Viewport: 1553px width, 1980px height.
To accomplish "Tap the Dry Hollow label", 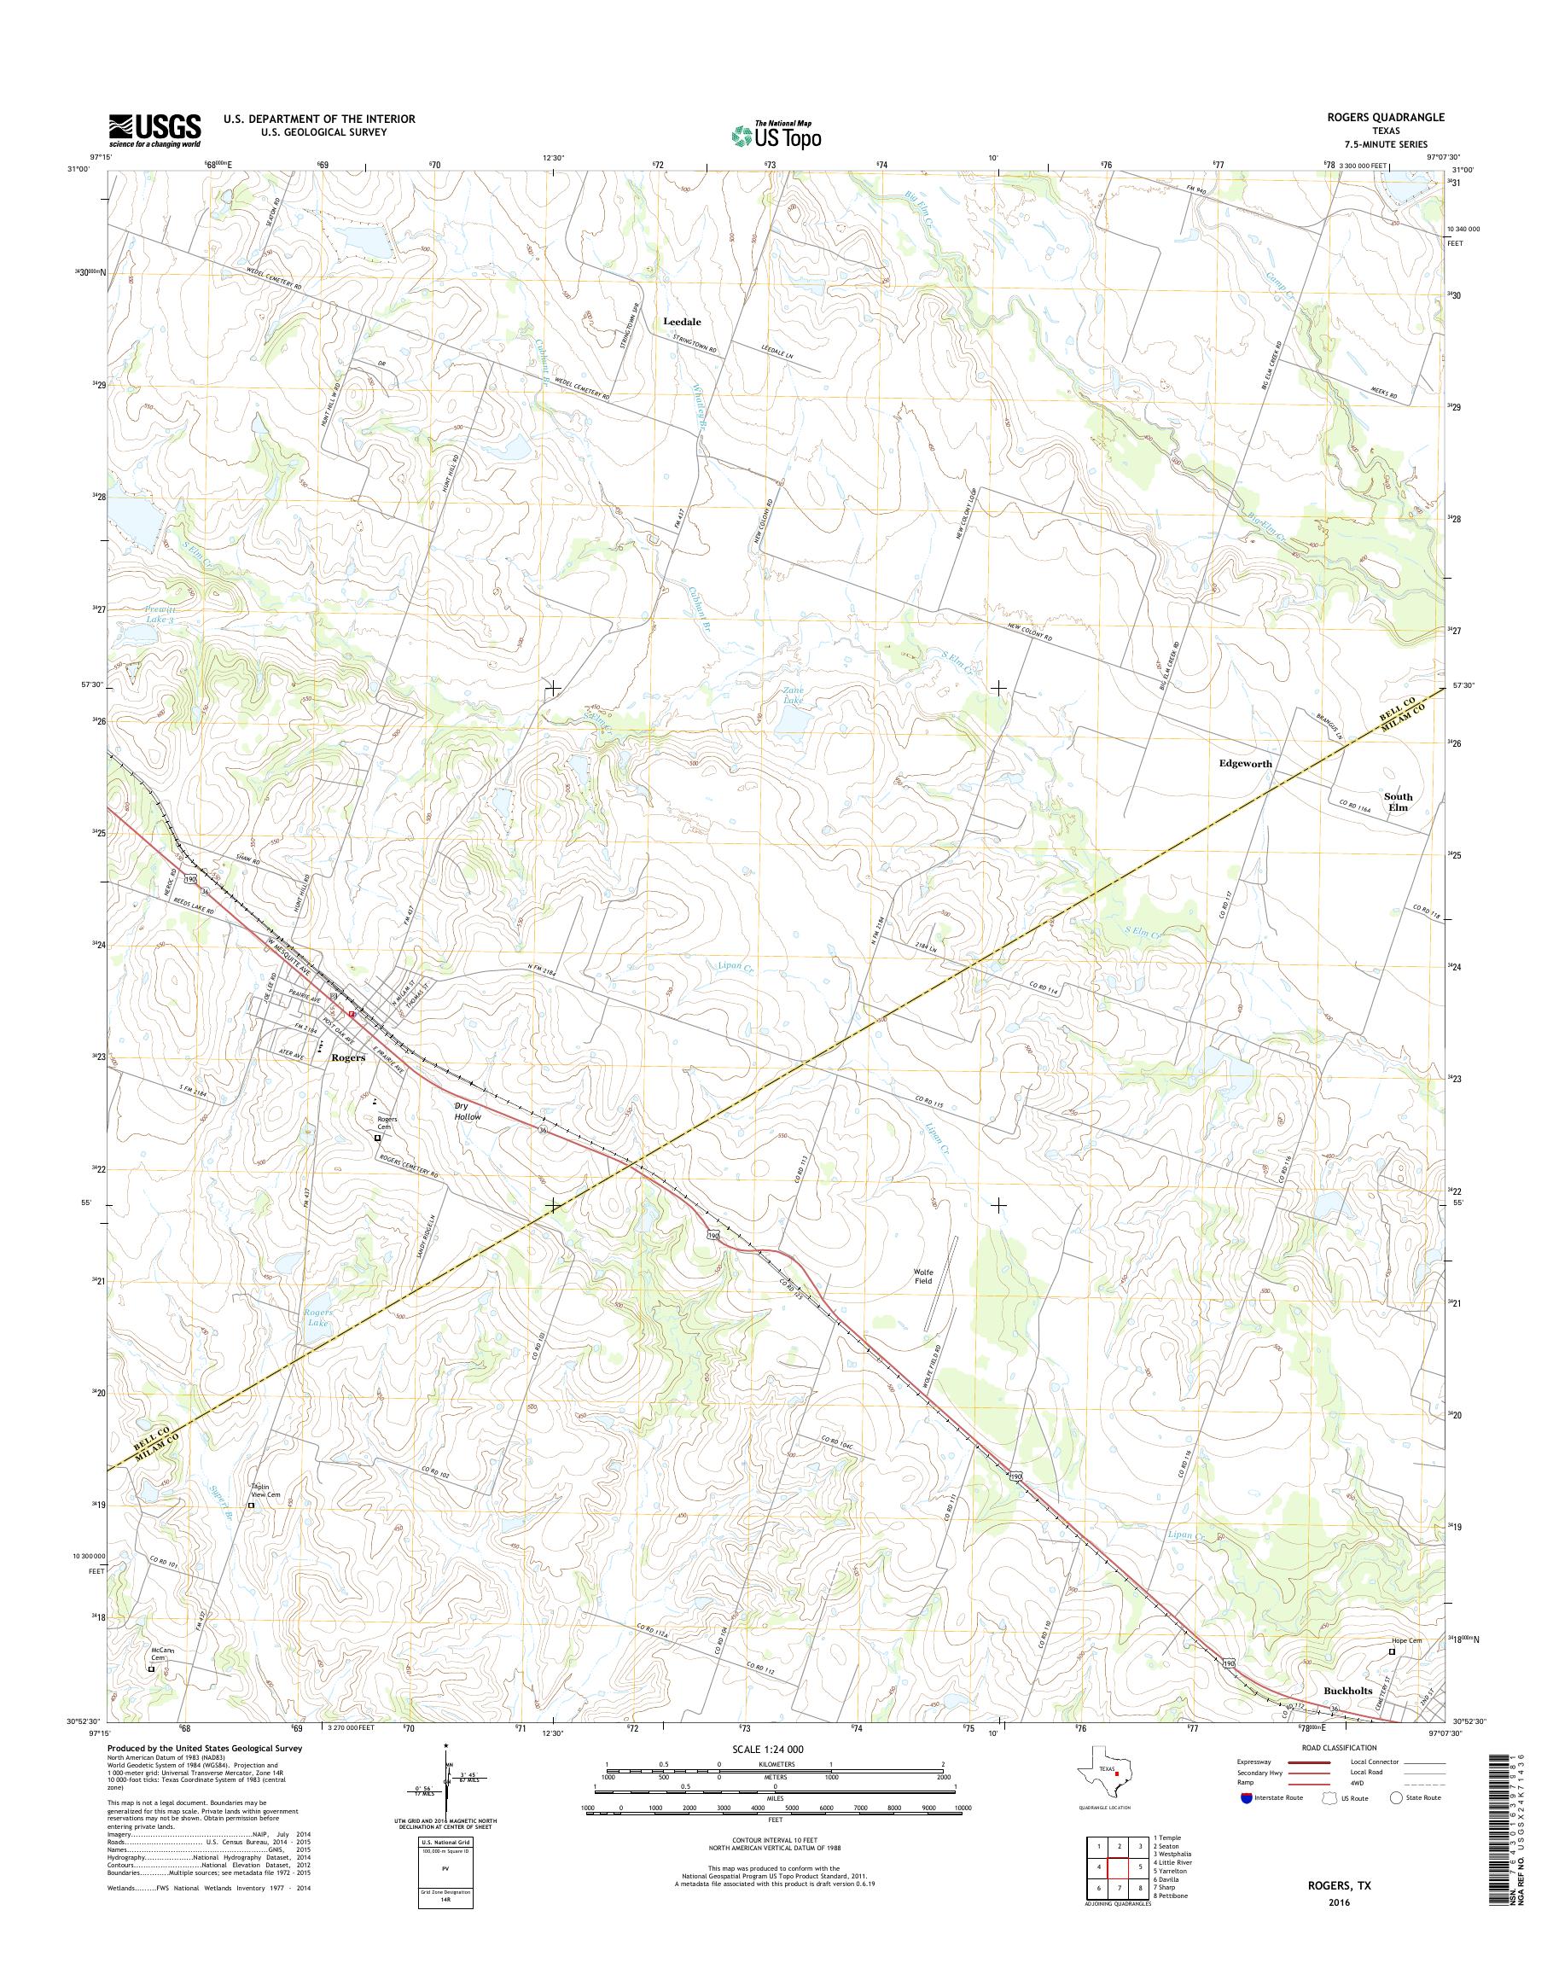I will tap(468, 1111).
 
